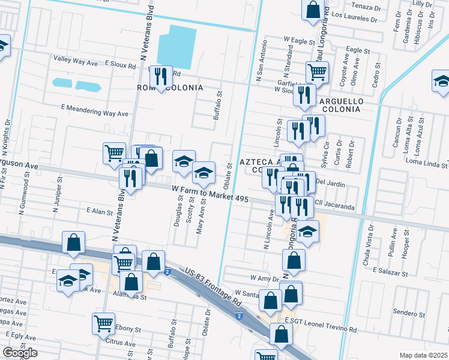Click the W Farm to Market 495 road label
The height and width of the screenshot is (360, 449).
point(210,193)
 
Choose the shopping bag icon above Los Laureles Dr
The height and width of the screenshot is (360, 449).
point(313,11)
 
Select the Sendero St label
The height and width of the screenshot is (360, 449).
point(410,313)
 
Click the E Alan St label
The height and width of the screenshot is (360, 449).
point(100,211)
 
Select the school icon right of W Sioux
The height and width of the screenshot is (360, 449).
point(441,83)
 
